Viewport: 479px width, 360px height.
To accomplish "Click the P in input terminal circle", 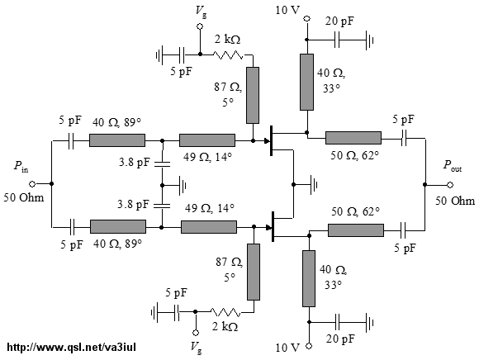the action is pyautogui.click(x=32, y=184).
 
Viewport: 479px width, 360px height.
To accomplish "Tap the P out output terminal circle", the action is pyautogui.click(x=449, y=185).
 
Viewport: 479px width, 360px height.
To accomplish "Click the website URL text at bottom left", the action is pyautogui.click(x=71, y=347).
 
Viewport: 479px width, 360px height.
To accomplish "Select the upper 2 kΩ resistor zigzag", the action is pyautogui.click(x=228, y=55).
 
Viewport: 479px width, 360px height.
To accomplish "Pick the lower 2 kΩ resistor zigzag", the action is pyautogui.click(x=225, y=312).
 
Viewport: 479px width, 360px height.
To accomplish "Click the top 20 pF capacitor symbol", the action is pyautogui.click(x=337, y=40).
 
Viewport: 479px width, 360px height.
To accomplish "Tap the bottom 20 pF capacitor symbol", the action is pyautogui.click(x=337, y=322).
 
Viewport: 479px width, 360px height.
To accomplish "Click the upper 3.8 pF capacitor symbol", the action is pyautogui.click(x=162, y=164).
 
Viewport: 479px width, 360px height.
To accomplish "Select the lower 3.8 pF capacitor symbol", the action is pyautogui.click(x=162, y=206).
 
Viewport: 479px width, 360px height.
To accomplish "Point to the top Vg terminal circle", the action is pyautogui.click(x=200, y=26).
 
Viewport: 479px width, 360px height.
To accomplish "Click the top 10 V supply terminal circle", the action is pyautogui.click(x=306, y=19).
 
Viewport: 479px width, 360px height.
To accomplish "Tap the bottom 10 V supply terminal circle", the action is pyautogui.click(x=309, y=346).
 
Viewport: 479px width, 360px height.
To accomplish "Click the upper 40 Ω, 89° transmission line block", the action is pyautogui.click(x=117, y=140).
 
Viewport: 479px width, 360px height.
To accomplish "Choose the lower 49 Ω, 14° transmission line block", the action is pyautogui.click(x=209, y=227).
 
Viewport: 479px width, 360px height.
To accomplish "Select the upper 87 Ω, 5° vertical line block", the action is pyautogui.click(x=253, y=95).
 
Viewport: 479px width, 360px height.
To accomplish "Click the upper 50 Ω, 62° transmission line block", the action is pyautogui.click(x=353, y=138).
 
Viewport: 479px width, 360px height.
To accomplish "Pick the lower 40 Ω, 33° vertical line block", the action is pyautogui.click(x=309, y=278).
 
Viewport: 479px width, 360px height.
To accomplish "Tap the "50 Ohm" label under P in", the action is pyautogui.click(x=24, y=197).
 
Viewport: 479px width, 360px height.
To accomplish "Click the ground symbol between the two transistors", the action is pyautogui.click(x=314, y=185).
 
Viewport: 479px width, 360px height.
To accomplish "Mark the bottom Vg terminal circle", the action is pyautogui.click(x=196, y=333).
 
